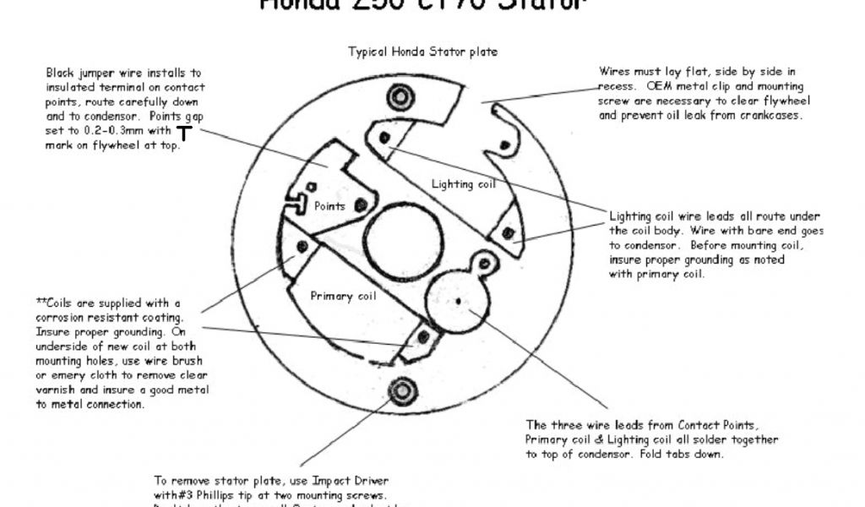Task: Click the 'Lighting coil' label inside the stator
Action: coord(463,183)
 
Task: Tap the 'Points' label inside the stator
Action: coord(329,205)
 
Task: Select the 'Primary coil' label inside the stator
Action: coord(343,296)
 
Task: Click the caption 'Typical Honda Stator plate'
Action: coord(422,52)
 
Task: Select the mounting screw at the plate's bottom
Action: coord(400,390)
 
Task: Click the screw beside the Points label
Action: coord(361,205)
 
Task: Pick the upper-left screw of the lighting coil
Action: coord(385,137)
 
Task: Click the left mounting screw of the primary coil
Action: coord(302,247)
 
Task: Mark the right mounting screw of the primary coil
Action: coord(423,339)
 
